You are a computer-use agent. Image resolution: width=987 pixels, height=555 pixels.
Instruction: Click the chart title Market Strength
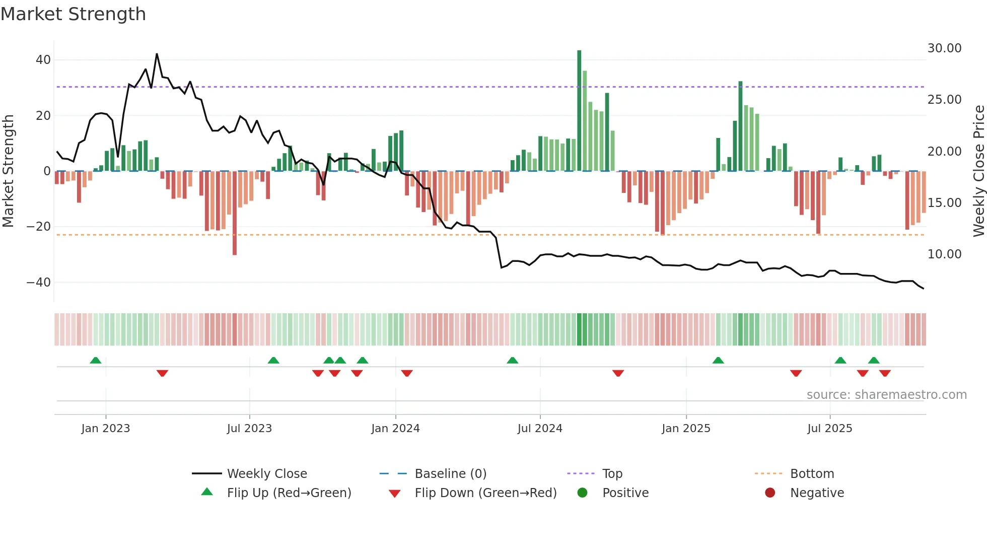73,14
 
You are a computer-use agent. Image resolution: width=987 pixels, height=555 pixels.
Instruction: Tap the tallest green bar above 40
579,111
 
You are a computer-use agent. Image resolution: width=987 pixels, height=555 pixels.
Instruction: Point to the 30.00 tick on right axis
944,48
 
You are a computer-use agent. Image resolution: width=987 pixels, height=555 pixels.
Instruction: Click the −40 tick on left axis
39,283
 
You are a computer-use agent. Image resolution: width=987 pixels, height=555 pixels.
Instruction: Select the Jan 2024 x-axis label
395,429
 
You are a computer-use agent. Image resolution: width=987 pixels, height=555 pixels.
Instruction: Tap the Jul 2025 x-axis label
829,429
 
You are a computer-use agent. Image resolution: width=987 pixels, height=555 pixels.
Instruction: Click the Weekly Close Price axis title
978,171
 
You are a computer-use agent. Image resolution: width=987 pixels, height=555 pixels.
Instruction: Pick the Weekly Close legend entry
266,474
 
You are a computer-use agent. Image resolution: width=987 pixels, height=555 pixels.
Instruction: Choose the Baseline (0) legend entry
450,474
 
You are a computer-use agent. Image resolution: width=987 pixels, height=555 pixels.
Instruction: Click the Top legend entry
612,474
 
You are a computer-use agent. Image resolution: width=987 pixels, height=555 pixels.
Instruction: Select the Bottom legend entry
812,474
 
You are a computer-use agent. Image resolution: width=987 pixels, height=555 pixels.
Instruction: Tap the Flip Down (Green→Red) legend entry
485,493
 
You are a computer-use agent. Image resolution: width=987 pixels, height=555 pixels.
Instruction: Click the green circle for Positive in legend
583,493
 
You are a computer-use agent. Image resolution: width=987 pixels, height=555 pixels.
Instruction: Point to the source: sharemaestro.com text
886,395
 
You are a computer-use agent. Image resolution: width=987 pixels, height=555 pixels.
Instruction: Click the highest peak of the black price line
157,54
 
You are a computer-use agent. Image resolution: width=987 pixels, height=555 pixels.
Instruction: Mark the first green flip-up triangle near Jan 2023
96,360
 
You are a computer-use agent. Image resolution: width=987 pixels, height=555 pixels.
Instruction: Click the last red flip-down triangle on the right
885,373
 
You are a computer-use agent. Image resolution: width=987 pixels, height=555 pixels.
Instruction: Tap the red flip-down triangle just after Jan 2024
407,373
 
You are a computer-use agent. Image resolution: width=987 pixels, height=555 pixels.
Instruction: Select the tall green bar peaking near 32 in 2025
740,126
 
